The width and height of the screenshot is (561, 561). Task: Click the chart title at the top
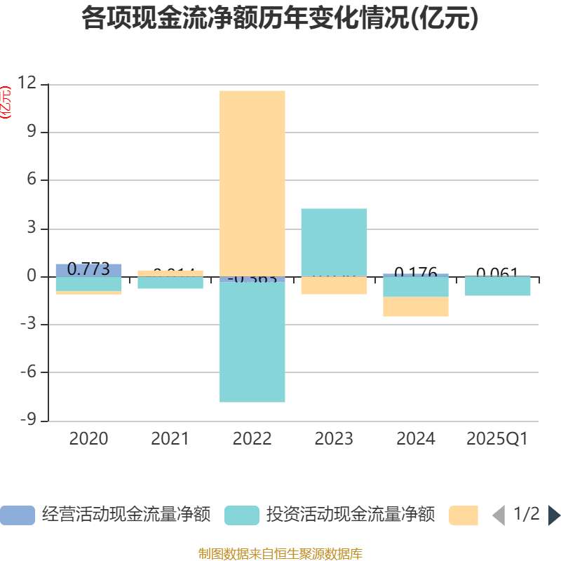click(x=280, y=19)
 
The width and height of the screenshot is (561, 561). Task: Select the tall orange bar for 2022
click(x=252, y=182)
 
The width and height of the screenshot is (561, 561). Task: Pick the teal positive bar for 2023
click(x=334, y=242)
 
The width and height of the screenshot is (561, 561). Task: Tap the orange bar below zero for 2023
click(x=334, y=285)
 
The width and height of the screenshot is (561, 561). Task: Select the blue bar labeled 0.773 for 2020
click(x=88, y=270)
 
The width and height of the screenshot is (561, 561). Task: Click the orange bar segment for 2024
click(x=416, y=306)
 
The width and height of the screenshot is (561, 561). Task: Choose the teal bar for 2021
click(x=170, y=283)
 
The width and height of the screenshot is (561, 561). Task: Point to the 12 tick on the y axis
click(x=28, y=83)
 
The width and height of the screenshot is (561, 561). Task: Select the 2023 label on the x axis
click(x=334, y=439)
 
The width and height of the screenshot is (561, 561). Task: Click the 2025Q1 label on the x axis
click(x=497, y=439)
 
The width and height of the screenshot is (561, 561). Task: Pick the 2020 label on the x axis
click(x=88, y=439)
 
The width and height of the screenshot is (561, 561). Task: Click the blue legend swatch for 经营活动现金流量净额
click(x=17, y=515)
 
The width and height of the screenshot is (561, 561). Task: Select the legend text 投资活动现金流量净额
click(x=350, y=515)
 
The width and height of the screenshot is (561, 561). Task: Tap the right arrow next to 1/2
click(x=554, y=515)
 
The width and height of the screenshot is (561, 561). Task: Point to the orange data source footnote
click(x=280, y=554)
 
